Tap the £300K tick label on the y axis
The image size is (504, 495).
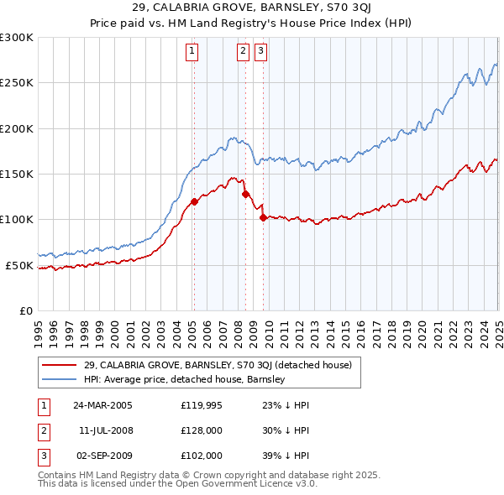17,38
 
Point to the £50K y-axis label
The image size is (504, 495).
19,265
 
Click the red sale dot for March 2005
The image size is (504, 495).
194,201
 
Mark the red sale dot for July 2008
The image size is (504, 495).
245,194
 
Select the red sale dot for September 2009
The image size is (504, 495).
263,217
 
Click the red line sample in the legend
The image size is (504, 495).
60,365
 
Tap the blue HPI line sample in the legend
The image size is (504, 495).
60,379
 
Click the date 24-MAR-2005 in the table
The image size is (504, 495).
102,404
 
